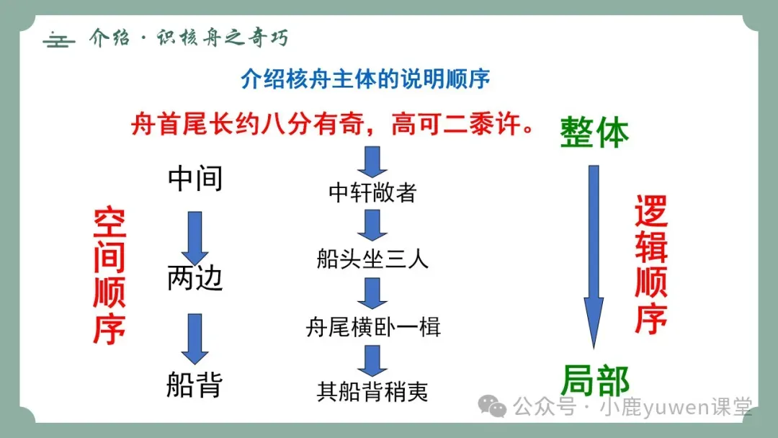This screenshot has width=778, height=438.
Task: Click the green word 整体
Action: (594, 133)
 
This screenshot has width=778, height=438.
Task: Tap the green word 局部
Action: (594, 380)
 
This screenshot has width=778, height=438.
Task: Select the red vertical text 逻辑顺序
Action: (651, 266)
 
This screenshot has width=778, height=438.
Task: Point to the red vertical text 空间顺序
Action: (110, 276)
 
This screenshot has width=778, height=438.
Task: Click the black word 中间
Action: (195, 179)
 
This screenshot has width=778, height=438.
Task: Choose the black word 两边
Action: (195, 278)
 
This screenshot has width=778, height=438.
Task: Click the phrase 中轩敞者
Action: (372, 193)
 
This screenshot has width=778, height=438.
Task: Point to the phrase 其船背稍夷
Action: (372, 391)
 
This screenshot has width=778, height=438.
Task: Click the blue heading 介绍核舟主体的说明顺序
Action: (366, 79)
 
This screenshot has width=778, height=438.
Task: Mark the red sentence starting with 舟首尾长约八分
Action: (334, 125)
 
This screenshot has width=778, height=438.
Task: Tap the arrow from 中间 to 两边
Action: (194, 237)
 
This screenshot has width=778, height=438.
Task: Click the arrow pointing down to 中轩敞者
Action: (372, 161)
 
